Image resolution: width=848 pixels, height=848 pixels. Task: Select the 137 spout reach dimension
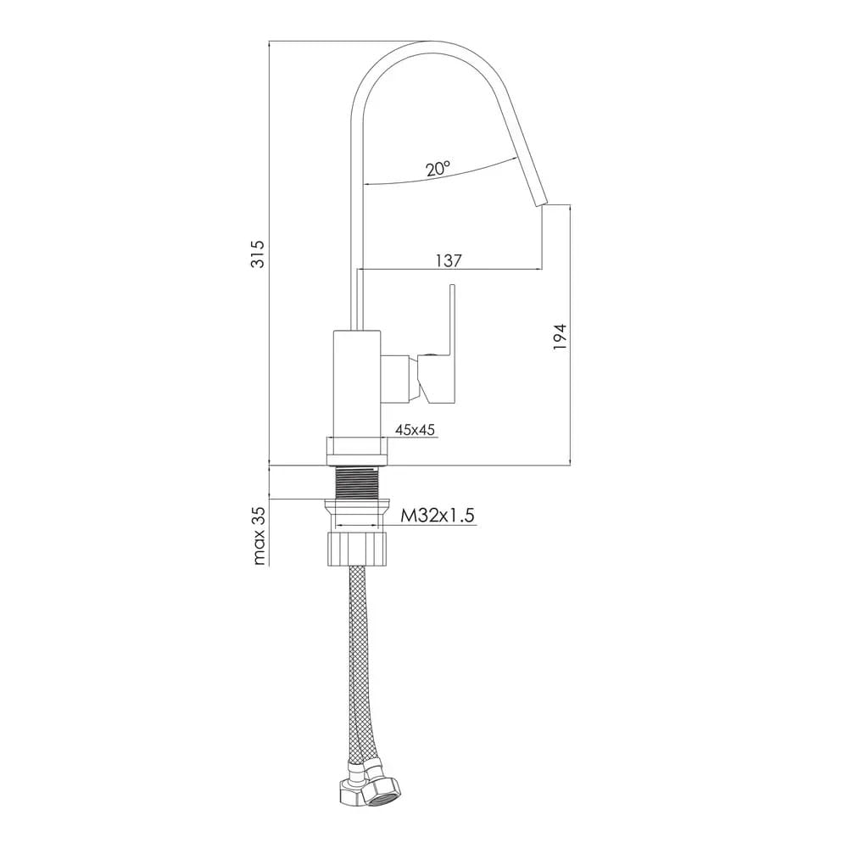[x=449, y=260]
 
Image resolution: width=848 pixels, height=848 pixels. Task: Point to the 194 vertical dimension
[x=559, y=337]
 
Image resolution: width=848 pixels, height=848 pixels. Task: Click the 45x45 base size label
[x=416, y=430]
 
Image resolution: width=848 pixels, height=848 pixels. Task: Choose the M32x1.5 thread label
[x=437, y=516]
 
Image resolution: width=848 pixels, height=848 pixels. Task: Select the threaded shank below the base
[x=358, y=483]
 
